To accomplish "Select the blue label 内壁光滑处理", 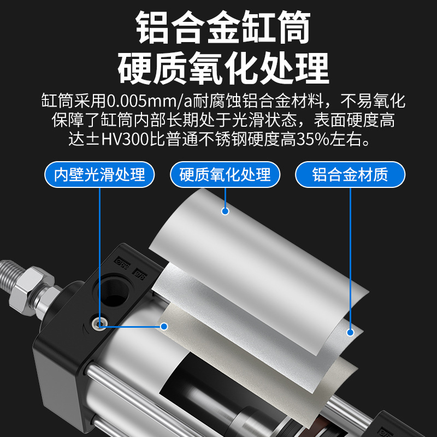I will click(x=100, y=175).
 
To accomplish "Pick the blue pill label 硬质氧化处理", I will click(x=225, y=175).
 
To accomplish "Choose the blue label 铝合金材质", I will click(x=350, y=175).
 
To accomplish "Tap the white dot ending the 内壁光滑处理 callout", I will click(x=164, y=326).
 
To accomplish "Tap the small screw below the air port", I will click(x=99, y=323).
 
